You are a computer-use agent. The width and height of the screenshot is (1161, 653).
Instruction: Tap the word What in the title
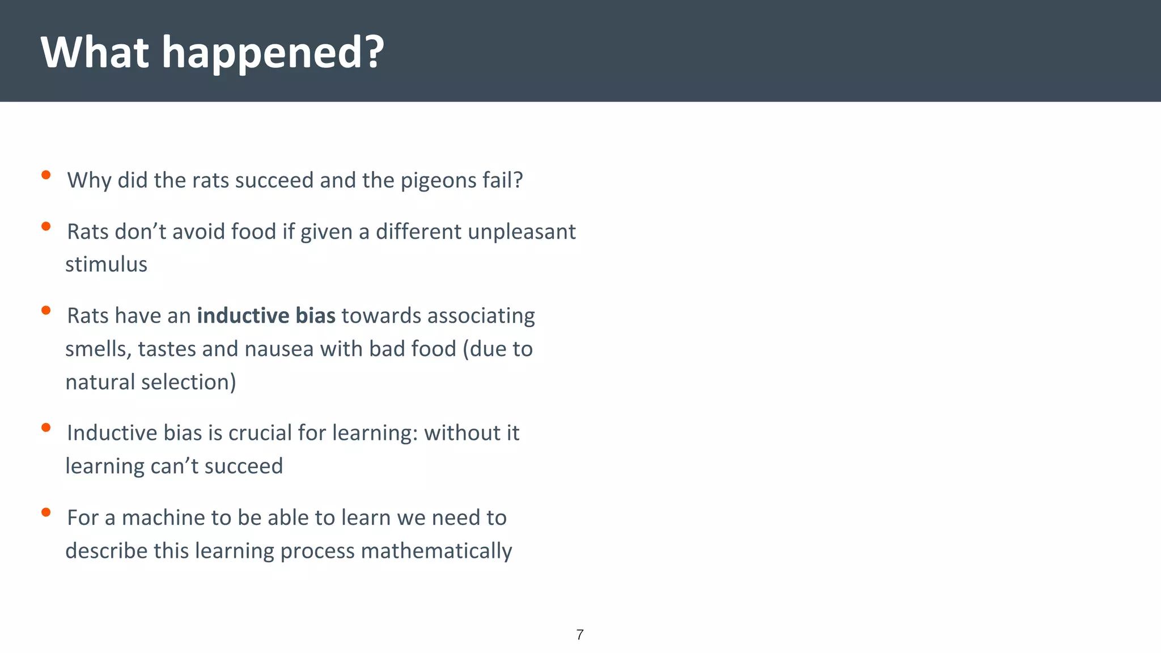click(95, 52)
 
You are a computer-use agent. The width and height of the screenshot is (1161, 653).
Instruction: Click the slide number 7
click(579, 635)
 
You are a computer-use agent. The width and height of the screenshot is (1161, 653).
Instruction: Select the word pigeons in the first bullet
click(438, 181)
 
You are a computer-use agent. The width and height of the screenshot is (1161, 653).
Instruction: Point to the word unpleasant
click(522, 232)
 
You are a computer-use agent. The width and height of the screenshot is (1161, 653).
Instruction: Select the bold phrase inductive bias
click(266, 316)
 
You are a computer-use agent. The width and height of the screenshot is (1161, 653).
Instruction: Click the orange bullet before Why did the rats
click(46, 175)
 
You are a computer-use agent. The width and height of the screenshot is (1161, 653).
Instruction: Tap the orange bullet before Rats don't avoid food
click(46, 227)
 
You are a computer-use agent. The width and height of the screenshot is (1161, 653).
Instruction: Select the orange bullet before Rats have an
click(46, 310)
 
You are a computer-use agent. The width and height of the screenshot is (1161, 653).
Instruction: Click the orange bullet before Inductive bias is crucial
click(46, 427)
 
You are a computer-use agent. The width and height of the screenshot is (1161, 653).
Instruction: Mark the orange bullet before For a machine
click(46, 512)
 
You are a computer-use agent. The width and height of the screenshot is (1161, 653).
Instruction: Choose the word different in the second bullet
click(418, 232)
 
